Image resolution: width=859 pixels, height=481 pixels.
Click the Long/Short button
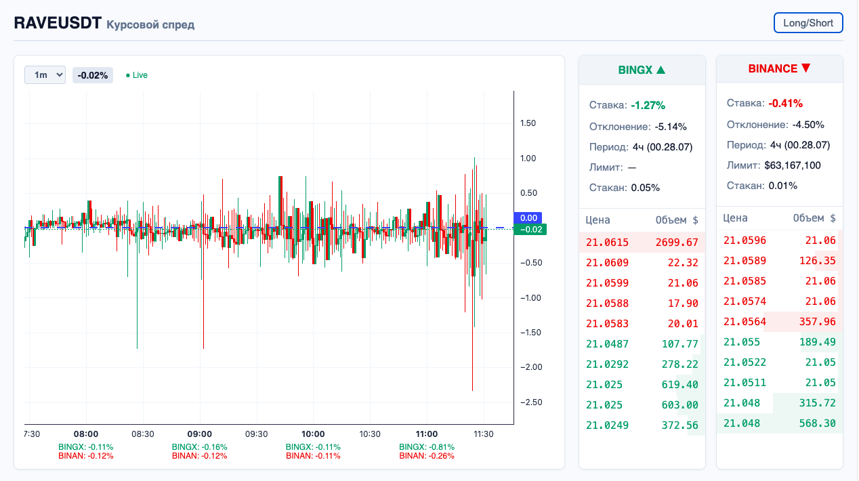click(x=808, y=22)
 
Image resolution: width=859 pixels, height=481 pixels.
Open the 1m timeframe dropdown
click(x=45, y=75)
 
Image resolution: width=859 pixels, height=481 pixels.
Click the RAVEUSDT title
click(x=58, y=23)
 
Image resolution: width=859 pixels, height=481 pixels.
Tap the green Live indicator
click(x=137, y=75)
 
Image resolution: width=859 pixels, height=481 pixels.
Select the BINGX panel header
click(x=642, y=70)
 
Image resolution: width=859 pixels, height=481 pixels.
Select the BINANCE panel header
click(x=779, y=68)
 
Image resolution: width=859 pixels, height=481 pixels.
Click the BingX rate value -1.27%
click(x=648, y=105)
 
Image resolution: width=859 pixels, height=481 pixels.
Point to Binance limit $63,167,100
click(x=793, y=165)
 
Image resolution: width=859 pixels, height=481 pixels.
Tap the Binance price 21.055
click(x=742, y=342)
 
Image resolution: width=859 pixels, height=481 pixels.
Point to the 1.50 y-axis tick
click(x=528, y=123)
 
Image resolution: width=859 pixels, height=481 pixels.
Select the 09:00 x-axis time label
click(x=200, y=434)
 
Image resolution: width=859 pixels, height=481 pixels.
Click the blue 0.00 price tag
click(x=529, y=218)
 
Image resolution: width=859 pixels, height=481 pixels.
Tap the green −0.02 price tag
click(x=530, y=230)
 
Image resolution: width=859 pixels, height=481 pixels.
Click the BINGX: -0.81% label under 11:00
click(x=427, y=447)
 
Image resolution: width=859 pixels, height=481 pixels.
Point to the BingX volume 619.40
click(x=679, y=385)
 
